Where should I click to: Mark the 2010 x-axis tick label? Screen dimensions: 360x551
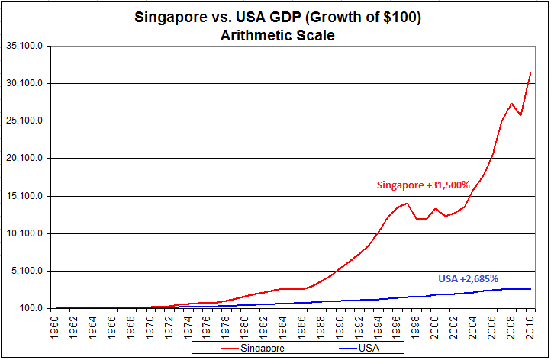(x=529, y=326)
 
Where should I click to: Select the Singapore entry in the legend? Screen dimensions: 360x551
(x=252, y=348)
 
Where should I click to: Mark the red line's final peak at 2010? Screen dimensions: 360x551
(x=530, y=72)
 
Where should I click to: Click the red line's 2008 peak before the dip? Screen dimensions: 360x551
(x=511, y=103)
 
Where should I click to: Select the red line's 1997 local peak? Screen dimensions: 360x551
(x=408, y=203)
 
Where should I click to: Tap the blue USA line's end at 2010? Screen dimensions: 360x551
(x=530, y=289)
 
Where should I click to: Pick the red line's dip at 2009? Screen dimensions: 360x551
(x=520, y=115)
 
